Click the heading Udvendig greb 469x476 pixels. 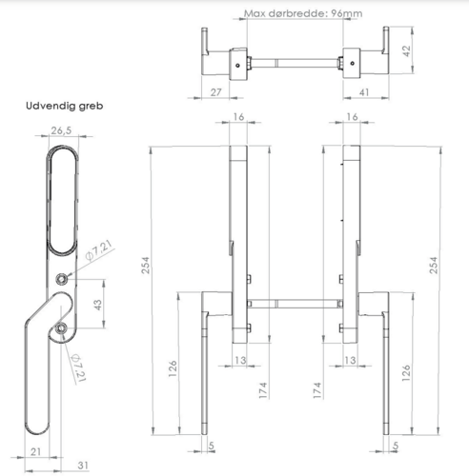(65, 106)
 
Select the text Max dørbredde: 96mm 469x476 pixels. (303, 13)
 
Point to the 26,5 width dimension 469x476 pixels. (61, 130)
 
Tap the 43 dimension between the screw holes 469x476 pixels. (98, 305)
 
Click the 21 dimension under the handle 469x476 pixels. (35, 451)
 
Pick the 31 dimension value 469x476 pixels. (83, 466)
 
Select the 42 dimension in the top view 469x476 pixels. (406, 50)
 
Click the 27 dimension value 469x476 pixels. (215, 92)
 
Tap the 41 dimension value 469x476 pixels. (364, 92)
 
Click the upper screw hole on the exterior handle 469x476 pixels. (61, 279)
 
